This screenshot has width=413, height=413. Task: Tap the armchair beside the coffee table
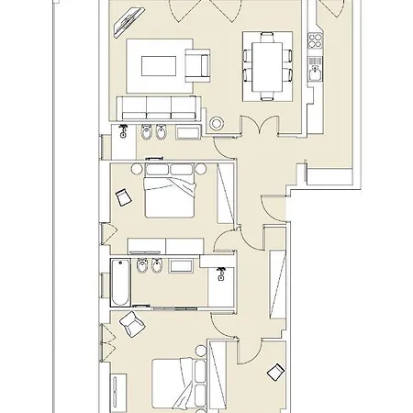click(197, 64)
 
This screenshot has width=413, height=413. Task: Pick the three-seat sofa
click(156, 107)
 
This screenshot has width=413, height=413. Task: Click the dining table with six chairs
click(262, 64)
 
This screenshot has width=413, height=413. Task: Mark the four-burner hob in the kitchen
click(316, 41)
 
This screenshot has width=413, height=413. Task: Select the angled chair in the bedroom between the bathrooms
click(122, 195)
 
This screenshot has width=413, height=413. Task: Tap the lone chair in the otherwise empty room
click(273, 372)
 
